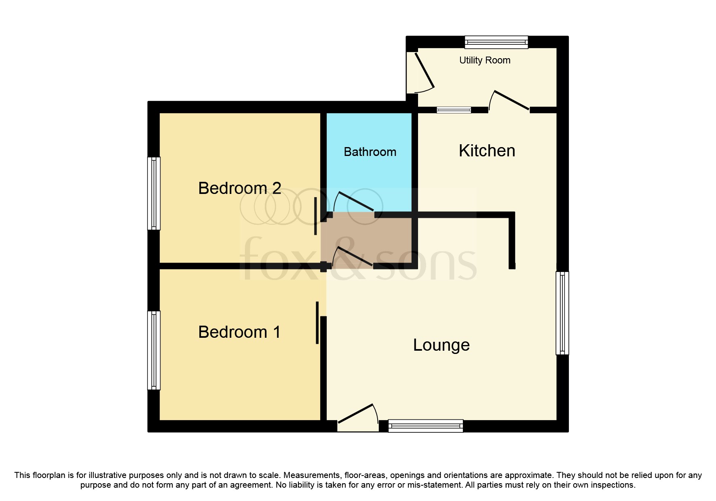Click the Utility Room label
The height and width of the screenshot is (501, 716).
tap(484, 60)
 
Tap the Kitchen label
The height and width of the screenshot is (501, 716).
tap(487, 151)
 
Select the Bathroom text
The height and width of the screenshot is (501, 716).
tap(370, 152)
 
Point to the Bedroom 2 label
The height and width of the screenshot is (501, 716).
tap(239, 188)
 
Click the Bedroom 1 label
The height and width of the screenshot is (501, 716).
tap(239, 332)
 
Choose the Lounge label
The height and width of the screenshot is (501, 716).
tap(441, 345)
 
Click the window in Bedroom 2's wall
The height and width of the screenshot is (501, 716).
tap(154, 193)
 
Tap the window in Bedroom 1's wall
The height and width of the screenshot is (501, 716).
tap(154, 350)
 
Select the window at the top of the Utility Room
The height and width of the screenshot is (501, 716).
tap(496, 42)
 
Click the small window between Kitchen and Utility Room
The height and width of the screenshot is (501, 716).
tap(454, 110)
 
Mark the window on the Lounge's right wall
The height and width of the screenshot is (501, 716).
tap(562, 313)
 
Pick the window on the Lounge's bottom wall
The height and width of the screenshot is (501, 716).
tap(425, 426)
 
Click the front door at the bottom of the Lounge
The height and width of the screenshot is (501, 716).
tap(357, 416)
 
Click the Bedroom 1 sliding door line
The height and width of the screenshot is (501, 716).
tap(317, 322)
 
